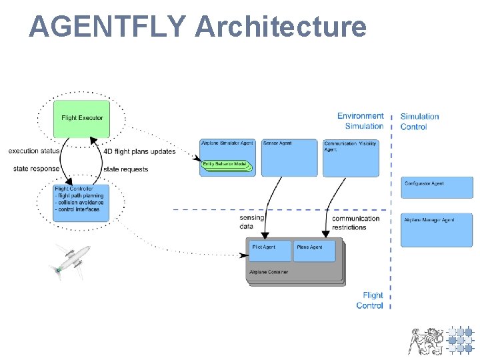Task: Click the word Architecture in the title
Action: pyautogui.click(x=281, y=27)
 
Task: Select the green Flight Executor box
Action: pyautogui.click(x=82, y=118)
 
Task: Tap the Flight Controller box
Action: pyautogui.click(x=82, y=201)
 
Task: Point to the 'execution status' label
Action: pyautogui.click(x=34, y=151)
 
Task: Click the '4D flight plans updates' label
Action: pyautogui.click(x=139, y=151)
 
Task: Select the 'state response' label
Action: pyautogui.click(x=36, y=169)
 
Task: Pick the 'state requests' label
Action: pyautogui.click(x=125, y=169)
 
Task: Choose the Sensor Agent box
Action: pyautogui.click(x=279, y=157)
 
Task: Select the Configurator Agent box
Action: pyautogui.click(x=436, y=187)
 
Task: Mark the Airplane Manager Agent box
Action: pyautogui.click(x=436, y=229)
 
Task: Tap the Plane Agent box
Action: pyautogui.click(x=314, y=251)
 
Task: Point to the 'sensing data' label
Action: pyautogui.click(x=251, y=222)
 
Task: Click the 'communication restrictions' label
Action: pyautogui.click(x=355, y=223)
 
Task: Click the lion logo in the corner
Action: pyautogui.click(x=425, y=341)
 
